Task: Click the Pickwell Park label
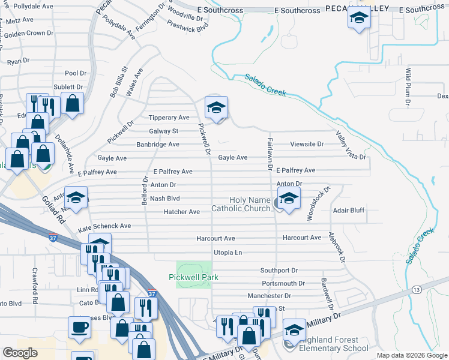tap(193, 277)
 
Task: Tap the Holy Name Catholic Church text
tap(241, 204)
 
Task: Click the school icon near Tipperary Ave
tap(216, 108)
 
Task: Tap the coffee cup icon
tap(80, 328)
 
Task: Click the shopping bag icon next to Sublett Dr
tap(73, 103)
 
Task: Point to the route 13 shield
tap(416, 290)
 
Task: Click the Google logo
tap(20, 353)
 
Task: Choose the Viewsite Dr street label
tap(307, 144)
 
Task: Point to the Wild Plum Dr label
tap(408, 86)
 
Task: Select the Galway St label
tap(163, 131)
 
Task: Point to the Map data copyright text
tap(411, 355)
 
